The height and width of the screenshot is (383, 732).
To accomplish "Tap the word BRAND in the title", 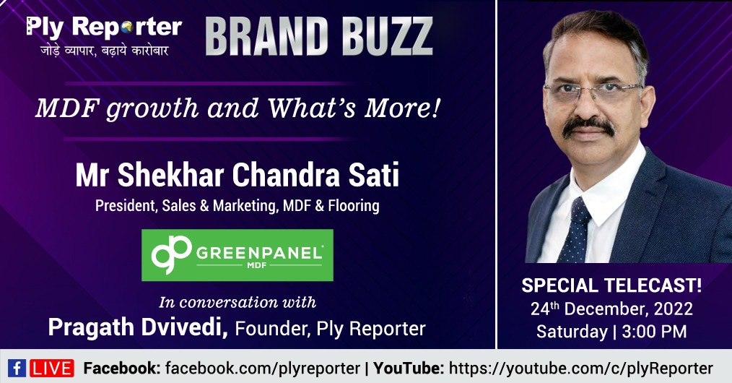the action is [x=265, y=36].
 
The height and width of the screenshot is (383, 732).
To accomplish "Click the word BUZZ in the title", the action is [x=388, y=36].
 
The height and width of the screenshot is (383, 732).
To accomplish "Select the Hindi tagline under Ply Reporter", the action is [x=104, y=51].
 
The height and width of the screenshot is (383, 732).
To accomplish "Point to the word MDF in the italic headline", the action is [x=66, y=108].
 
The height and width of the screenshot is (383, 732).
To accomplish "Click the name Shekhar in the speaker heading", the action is [x=170, y=175].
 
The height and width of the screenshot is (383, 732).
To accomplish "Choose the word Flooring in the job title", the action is [x=354, y=205].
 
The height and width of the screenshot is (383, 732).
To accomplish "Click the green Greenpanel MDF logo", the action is [x=238, y=255].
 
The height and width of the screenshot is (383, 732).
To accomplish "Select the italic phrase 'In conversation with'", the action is [x=238, y=302].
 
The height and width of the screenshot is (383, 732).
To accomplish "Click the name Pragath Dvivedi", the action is [x=138, y=327].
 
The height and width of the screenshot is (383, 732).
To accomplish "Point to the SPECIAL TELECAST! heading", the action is [x=611, y=285].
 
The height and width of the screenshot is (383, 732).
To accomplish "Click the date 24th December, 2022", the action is [x=611, y=309].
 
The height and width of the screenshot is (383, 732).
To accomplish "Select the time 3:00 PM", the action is [x=654, y=331].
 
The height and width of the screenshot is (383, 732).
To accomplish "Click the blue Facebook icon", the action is [x=17, y=369].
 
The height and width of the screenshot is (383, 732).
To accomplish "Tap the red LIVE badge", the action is [x=52, y=369].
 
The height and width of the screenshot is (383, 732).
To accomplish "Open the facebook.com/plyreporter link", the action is [x=262, y=369].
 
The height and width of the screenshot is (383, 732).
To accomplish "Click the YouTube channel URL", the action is [x=580, y=369].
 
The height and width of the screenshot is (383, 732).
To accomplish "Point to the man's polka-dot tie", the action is [x=575, y=230].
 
